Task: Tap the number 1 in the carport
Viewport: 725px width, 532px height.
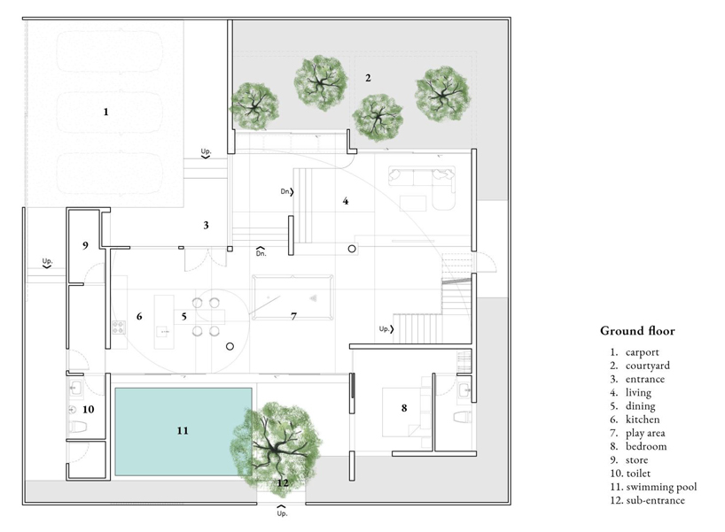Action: [105, 112]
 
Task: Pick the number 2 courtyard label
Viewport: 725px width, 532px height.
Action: [368, 78]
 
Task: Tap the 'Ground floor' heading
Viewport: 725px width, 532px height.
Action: [637, 331]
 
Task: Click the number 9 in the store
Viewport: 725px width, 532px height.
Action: [86, 244]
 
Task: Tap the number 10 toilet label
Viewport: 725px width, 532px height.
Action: [88, 409]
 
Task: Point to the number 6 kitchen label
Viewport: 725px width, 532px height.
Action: [139, 316]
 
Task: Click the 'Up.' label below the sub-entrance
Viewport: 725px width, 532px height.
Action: [282, 513]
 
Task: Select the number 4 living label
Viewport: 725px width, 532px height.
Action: [346, 201]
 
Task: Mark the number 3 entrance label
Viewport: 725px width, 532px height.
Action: [206, 225]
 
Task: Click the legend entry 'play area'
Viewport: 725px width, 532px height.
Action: [645, 433]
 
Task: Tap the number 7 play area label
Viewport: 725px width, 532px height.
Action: [293, 316]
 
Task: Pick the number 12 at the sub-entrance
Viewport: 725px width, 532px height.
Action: [282, 483]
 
